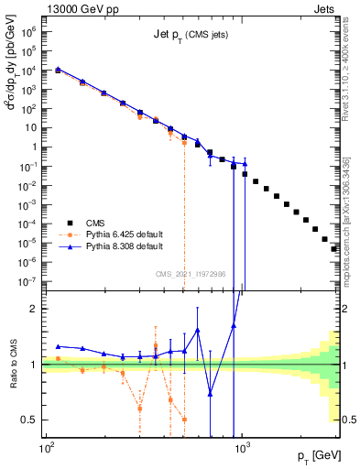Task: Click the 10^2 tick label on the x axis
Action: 46,451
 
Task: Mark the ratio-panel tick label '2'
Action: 35,309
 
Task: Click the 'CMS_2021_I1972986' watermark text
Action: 191,274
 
